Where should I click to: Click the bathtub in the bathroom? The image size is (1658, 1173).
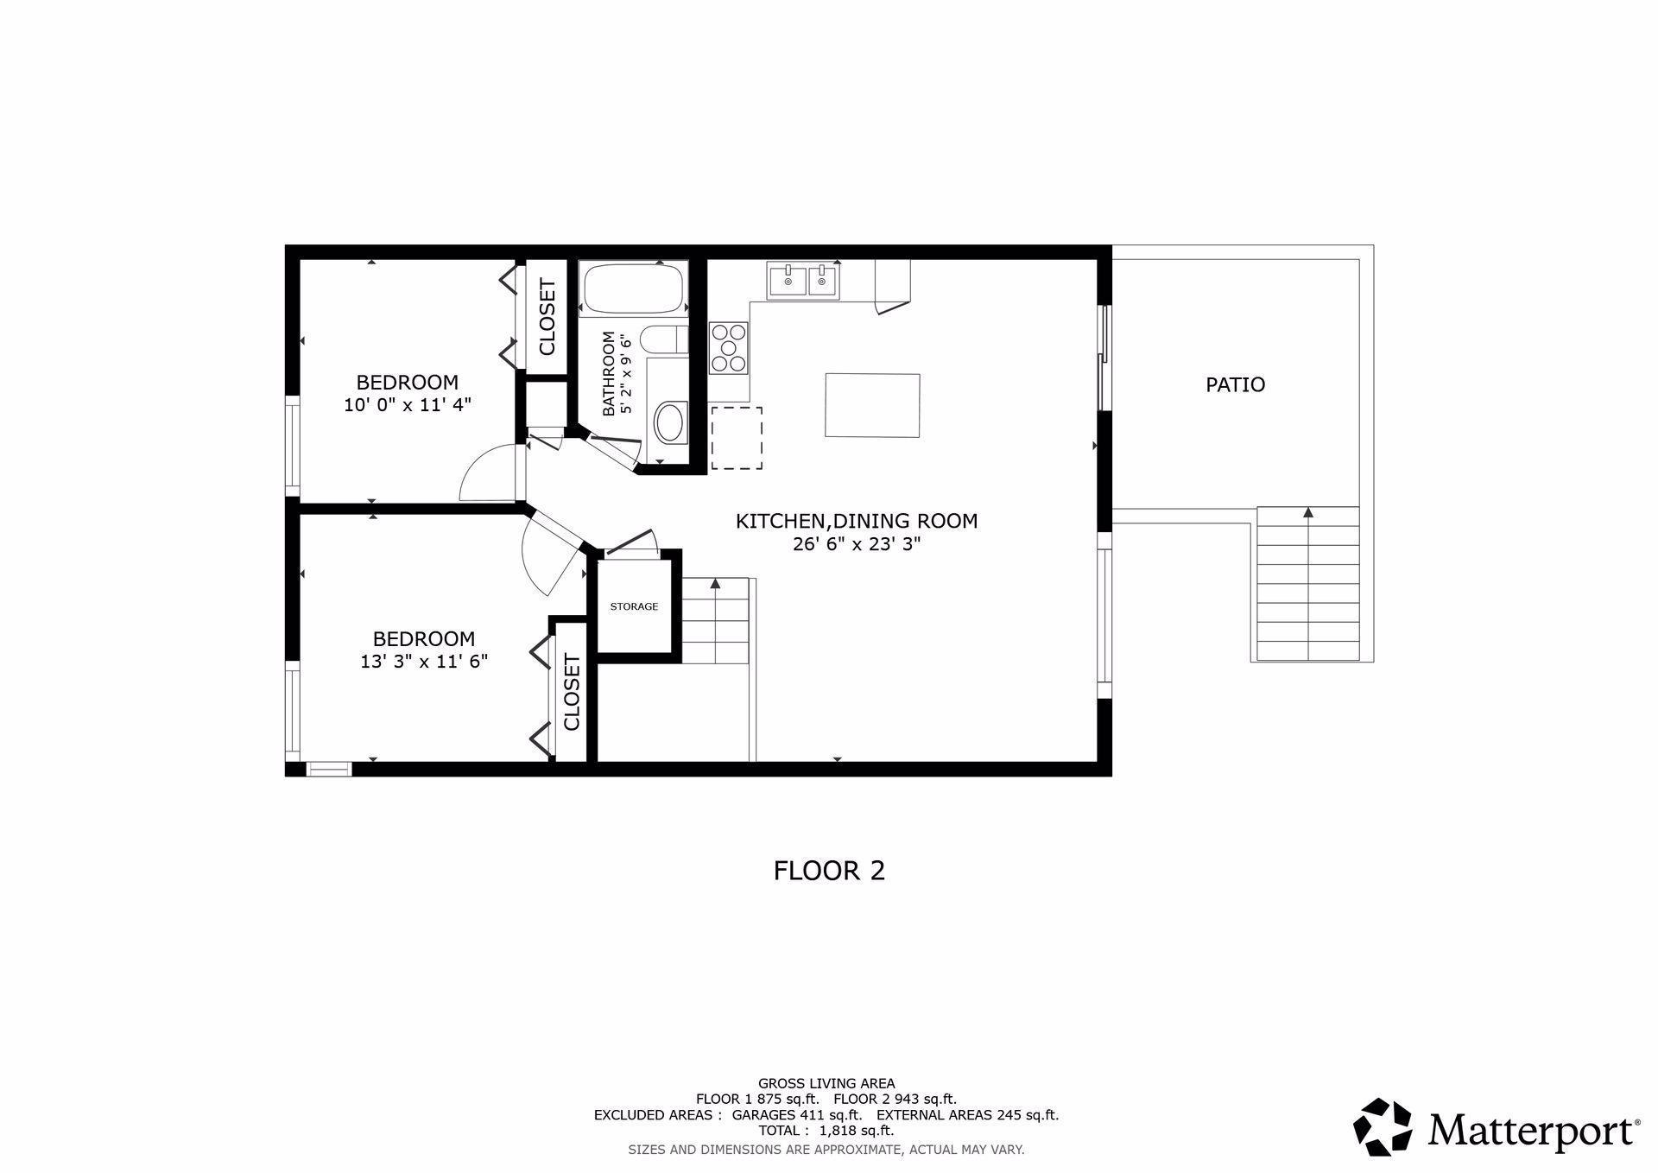[634, 288]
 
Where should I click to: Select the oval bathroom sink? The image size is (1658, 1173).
[669, 422]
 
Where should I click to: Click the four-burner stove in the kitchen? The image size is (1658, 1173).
[729, 347]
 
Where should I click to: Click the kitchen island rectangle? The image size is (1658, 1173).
[872, 405]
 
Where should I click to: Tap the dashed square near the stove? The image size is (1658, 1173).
[737, 438]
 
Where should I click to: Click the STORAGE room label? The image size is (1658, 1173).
[634, 606]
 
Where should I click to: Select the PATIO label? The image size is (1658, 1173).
[1235, 384]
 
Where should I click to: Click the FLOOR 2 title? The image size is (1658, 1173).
[829, 870]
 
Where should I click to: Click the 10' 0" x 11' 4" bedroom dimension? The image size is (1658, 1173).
[408, 404]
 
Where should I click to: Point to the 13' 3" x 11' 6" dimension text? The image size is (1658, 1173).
[424, 662]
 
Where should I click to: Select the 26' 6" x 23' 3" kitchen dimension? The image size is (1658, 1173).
[857, 544]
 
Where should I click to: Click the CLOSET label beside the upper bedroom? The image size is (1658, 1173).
[547, 317]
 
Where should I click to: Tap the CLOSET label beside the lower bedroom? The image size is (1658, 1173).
[572, 692]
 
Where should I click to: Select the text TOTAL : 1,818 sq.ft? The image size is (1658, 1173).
[826, 1130]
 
